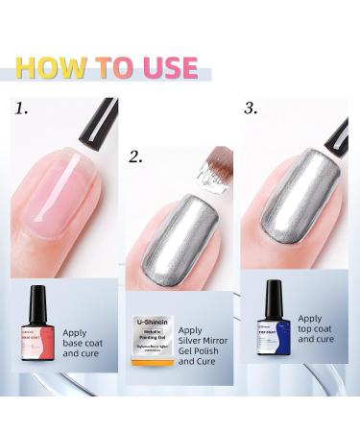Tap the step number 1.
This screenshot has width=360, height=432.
point(20,108)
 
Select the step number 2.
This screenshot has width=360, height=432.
point(135,156)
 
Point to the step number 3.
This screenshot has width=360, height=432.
point(251,108)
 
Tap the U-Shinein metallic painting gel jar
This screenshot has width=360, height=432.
point(152,346)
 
